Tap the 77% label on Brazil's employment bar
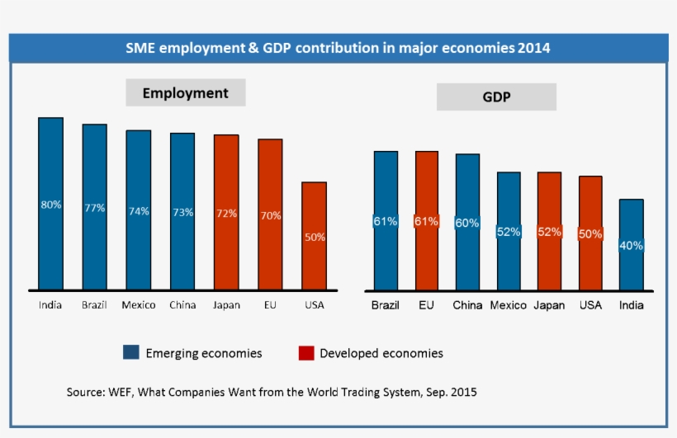click(95, 208)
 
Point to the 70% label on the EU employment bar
click(270, 215)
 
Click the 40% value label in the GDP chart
click(632, 245)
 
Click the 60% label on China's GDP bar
click(467, 223)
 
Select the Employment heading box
click(185, 93)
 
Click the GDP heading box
click(496, 97)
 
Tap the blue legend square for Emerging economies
click(130, 353)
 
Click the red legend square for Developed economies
click(306, 353)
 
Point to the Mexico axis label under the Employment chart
click(138, 305)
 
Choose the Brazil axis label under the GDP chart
click(385, 305)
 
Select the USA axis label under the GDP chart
click(590, 305)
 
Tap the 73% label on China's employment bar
click(182, 212)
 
